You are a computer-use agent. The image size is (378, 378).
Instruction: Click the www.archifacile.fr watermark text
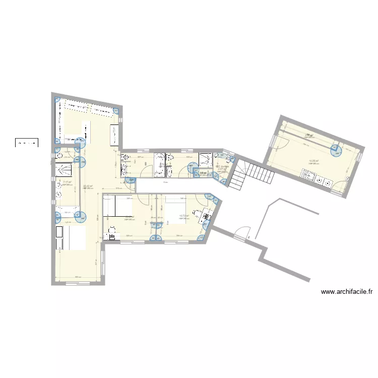[x=346, y=291]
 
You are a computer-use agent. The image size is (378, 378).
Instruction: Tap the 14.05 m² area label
[x=313, y=161]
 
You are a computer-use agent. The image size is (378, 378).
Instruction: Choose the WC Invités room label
[x=222, y=166]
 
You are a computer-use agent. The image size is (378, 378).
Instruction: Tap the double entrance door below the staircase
[x=241, y=233]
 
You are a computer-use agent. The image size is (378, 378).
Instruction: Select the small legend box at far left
[x=26, y=143]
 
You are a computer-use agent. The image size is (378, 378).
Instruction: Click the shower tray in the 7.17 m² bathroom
[x=68, y=212]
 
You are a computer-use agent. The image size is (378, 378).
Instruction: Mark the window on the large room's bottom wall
[x=76, y=283]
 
